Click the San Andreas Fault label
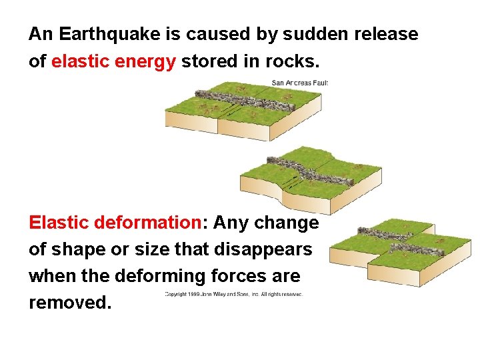point(299,83)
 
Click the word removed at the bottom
point(68,303)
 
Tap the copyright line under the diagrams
point(234,293)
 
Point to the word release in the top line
point(389,34)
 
